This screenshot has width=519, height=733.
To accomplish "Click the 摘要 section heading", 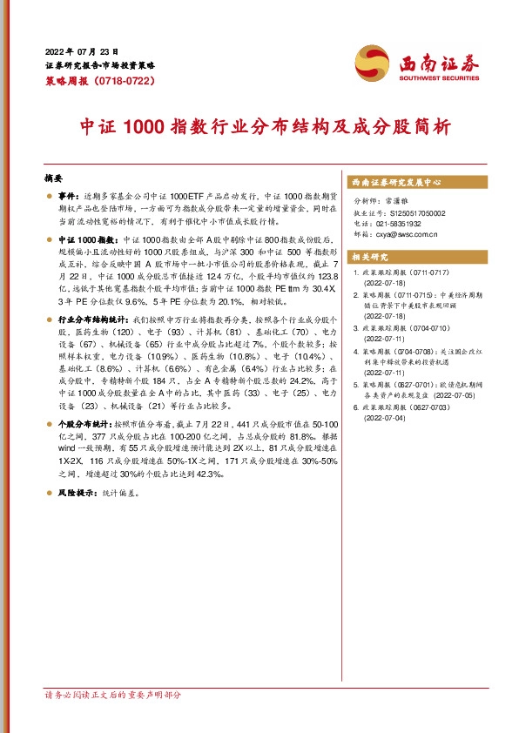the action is click(x=54, y=175).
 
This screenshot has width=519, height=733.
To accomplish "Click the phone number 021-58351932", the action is click(x=404, y=223).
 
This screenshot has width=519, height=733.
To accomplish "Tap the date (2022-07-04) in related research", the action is click(x=385, y=418).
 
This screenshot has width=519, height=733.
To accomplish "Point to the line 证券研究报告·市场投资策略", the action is click(x=99, y=65).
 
